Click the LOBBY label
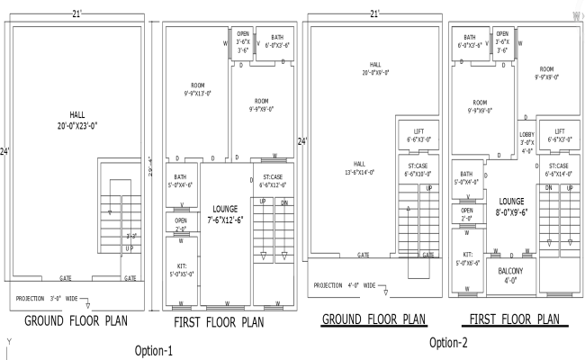pyautogui.click(x=526, y=141)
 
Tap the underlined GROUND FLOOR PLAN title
pyautogui.click(x=373, y=319)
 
